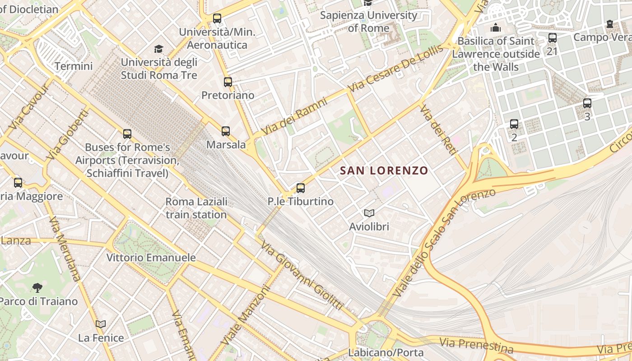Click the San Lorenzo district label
pyautogui.click(x=384, y=171)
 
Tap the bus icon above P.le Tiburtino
pyautogui.click(x=301, y=188)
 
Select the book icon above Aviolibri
pyautogui.click(x=369, y=213)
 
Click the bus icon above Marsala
pyautogui.click(x=226, y=131)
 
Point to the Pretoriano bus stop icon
pyautogui.click(x=228, y=82)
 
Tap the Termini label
pyautogui.click(x=74, y=66)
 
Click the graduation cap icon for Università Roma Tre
pyautogui.click(x=158, y=49)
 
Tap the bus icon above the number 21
pyautogui.click(x=552, y=38)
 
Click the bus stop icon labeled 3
pyautogui.click(x=587, y=103)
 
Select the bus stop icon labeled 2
pyautogui.click(x=514, y=124)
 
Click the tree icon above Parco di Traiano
pyautogui.click(x=37, y=287)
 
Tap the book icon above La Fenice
pyautogui.click(x=101, y=324)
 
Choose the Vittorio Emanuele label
pyautogui.click(x=151, y=258)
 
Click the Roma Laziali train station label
pyautogui.click(x=196, y=208)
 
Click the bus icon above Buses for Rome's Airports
pyautogui.click(x=127, y=134)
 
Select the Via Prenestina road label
pyautogui.click(x=476, y=345)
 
